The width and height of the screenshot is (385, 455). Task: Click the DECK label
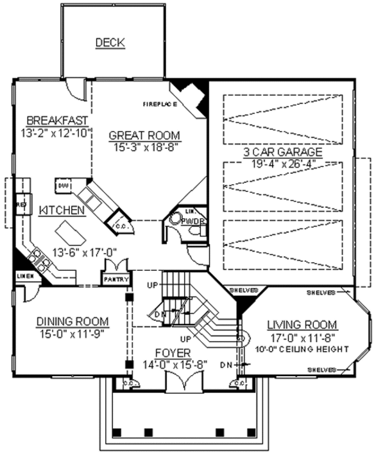[x=110, y=43]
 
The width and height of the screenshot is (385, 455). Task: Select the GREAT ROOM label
[x=144, y=135]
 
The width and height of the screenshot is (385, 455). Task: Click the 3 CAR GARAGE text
[x=282, y=152]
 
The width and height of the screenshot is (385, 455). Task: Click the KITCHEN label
[x=62, y=210]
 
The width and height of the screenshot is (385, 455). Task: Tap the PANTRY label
[x=116, y=280]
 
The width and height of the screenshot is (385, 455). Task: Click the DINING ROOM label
[x=72, y=322]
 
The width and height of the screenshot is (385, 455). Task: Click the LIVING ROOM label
[x=302, y=324]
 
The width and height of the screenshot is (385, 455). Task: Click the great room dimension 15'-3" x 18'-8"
[x=144, y=146]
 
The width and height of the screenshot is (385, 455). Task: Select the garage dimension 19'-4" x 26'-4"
[x=282, y=164]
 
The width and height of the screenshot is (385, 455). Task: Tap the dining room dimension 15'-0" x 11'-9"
[x=71, y=333]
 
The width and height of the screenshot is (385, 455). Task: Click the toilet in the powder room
[x=175, y=219]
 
